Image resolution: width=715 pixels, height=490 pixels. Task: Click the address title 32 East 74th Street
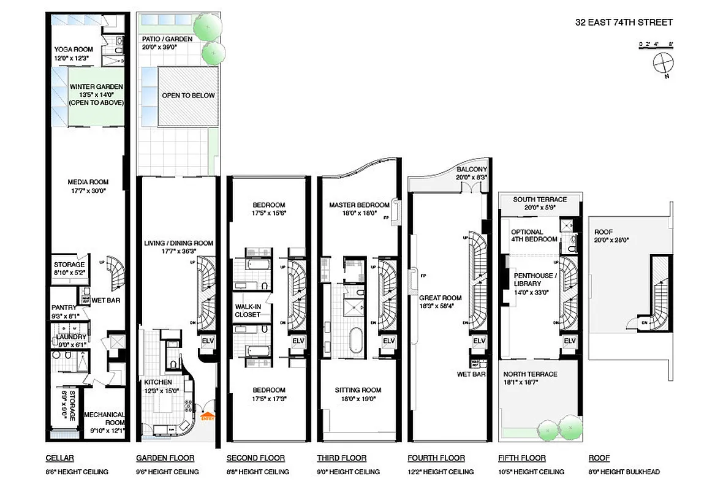tap(624, 23)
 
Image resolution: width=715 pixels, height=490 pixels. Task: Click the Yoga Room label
tap(74, 50)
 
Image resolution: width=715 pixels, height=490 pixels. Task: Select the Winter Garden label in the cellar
tap(96, 87)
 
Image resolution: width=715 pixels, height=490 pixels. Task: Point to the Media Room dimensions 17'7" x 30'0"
tap(88, 190)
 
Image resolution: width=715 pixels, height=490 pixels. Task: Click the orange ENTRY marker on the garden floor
tap(208, 417)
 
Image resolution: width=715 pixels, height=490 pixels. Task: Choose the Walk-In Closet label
tap(248, 310)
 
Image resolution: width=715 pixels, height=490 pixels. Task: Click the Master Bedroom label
tap(359, 205)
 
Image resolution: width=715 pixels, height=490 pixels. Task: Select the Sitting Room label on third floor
tap(358, 390)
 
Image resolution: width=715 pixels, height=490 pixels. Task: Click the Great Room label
tap(441, 298)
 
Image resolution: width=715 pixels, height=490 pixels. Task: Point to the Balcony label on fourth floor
tap(472, 170)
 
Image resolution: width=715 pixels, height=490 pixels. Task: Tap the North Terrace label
tap(531, 374)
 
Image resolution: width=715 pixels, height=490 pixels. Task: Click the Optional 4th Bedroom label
tap(535, 236)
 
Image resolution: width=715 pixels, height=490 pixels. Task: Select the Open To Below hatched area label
tap(188, 96)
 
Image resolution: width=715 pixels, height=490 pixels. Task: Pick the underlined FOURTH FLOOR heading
tap(436, 458)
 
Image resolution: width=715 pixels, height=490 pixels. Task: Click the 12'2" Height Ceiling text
tap(441, 472)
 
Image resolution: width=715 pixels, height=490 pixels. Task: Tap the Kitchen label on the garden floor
tap(158, 382)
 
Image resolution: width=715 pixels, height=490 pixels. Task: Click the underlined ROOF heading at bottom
tap(599, 458)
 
